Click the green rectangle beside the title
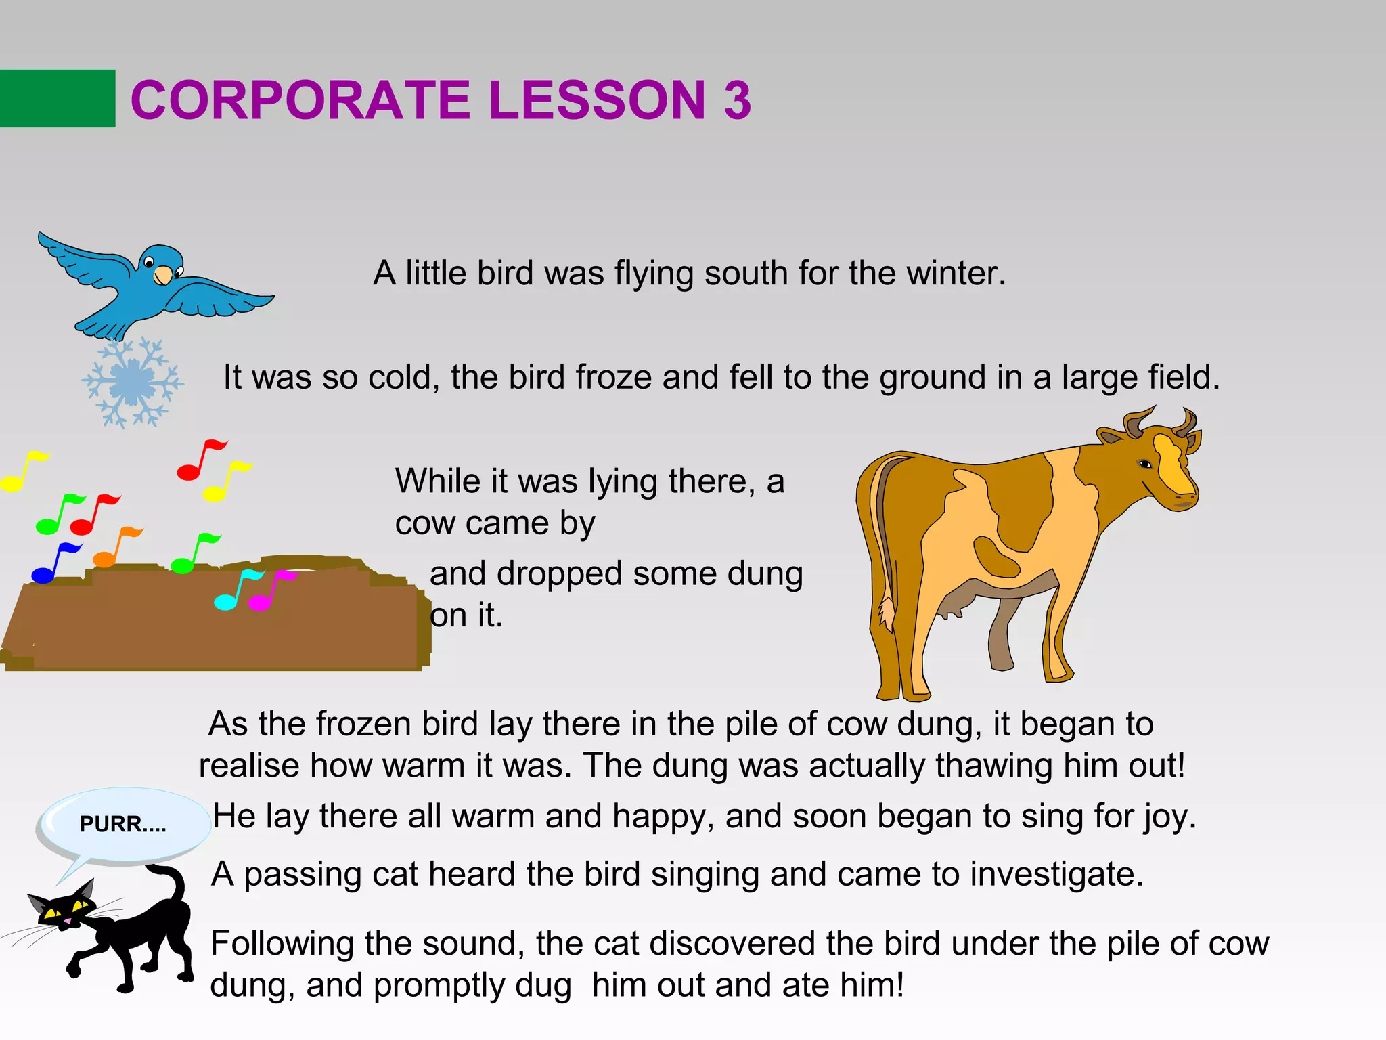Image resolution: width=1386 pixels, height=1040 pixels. pos(58,98)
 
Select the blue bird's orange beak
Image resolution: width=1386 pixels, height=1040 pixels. pos(163,276)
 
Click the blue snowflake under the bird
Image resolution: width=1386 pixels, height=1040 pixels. pos(133,383)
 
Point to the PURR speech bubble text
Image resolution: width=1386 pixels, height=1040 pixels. pos(122,824)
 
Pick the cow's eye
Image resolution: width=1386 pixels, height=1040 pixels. pos(1145,464)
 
